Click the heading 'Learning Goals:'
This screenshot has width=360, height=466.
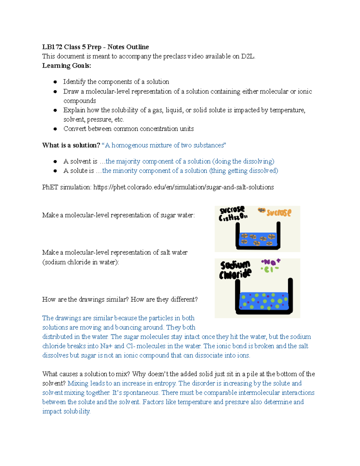click(x=66, y=66)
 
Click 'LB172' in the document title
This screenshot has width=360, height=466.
click(x=52, y=47)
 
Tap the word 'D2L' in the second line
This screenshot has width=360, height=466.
click(x=247, y=56)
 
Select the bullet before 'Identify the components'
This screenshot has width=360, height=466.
click(x=55, y=82)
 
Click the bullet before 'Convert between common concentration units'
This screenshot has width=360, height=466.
click(x=55, y=129)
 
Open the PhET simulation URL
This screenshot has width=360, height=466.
click(x=183, y=187)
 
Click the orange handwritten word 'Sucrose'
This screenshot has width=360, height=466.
click(x=279, y=213)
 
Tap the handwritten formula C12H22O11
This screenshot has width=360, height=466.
click(x=233, y=217)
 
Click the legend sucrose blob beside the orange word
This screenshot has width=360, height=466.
click(x=262, y=211)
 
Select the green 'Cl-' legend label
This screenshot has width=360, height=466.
click(x=270, y=269)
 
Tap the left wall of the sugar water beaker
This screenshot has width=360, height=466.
click(x=238, y=236)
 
